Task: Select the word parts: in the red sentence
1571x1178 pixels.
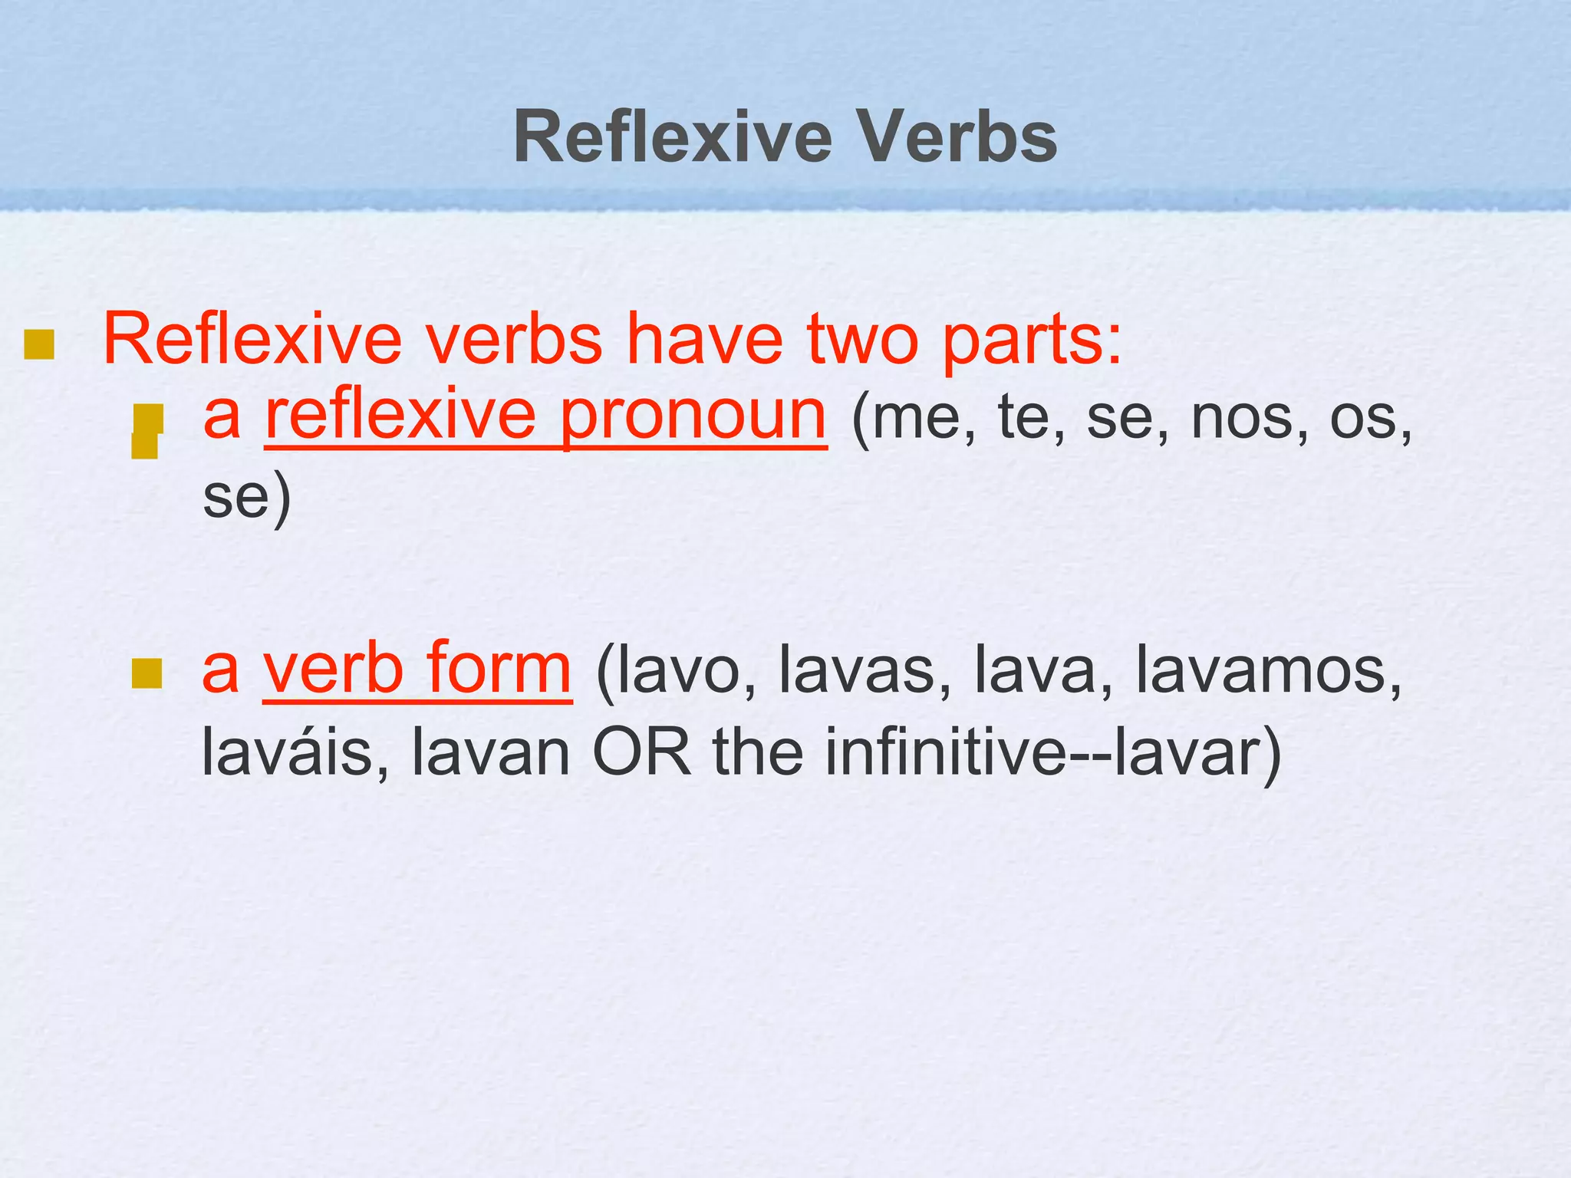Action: [1032, 341]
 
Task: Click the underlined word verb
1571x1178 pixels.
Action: [333, 670]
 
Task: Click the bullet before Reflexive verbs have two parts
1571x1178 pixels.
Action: [38, 344]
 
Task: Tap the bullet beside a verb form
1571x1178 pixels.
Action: [147, 673]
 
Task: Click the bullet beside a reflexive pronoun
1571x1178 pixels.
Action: [147, 431]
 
